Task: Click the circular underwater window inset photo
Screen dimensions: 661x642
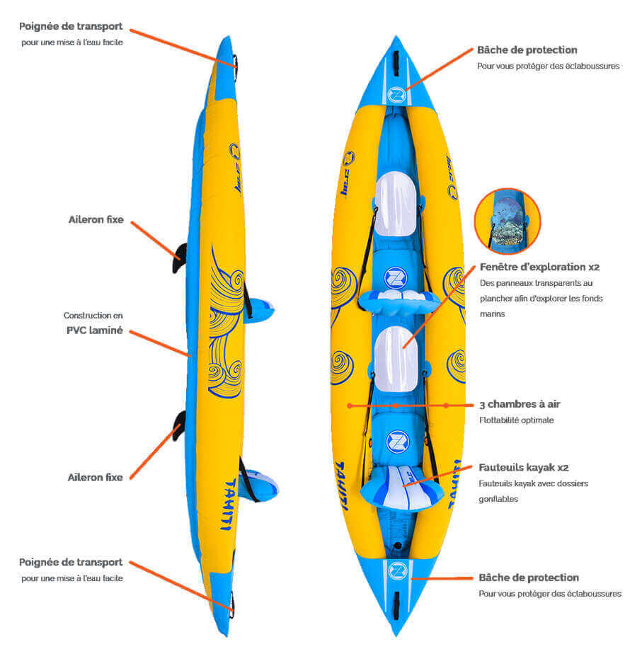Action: coord(507,221)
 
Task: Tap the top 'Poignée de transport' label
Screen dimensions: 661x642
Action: coord(71,27)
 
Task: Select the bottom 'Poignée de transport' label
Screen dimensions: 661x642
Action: coord(71,563)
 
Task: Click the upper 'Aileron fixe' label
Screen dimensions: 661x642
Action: coord(96,220)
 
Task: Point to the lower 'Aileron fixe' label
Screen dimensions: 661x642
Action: coord(96,478)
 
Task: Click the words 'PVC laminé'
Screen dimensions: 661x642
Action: coord(94,330)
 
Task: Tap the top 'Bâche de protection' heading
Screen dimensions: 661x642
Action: coord(527,50)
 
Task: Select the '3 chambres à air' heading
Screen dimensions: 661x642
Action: coord(520,405)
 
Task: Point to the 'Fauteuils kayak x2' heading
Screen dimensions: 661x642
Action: coord(524,468)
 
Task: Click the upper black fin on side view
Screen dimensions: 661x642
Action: coord(180,258)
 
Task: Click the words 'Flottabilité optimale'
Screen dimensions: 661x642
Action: coord(516,420)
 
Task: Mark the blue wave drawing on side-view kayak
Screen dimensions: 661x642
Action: coord(225,318)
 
